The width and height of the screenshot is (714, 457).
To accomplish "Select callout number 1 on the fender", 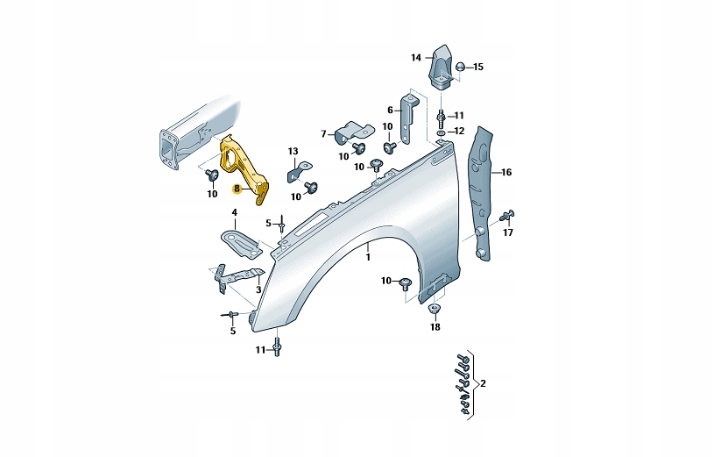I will pos(369,257).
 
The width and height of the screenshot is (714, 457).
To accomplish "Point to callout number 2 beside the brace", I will pos(483,384).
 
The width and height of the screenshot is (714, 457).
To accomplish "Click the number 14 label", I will pos(416,58).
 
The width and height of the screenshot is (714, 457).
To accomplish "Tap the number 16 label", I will pos(506,173).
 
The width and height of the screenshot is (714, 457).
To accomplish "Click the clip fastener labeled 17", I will pos(508,215).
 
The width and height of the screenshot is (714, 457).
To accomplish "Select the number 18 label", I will pos(435,327).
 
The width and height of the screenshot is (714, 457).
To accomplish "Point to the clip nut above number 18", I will pos(435,309).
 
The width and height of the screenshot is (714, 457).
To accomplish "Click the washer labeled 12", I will pos(441,132).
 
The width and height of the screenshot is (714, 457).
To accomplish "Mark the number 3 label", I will pos(258,289).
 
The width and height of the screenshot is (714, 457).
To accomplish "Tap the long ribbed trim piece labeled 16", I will pos(481,193).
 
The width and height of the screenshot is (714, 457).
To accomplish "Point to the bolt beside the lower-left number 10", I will pos(211,175).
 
